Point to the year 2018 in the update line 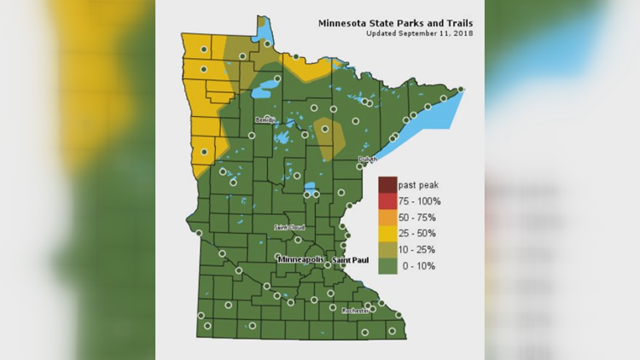(463, 33)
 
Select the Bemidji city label (265, 120)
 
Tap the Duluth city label (367, 159)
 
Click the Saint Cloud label (288, 228)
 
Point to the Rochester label (355, 311)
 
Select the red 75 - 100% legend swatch (387, 201)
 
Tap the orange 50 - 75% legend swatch (387, 218)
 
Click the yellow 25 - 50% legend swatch (387, 234)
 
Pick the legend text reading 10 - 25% (419, 250)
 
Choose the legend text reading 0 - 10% (417, 266)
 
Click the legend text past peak (418, 185)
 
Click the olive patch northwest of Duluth (329, 136)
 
